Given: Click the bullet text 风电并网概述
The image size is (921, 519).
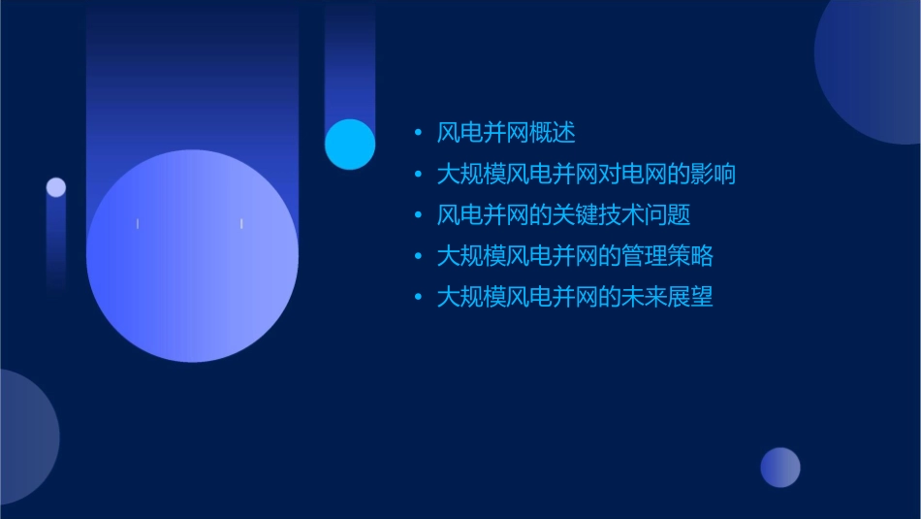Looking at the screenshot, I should [x=506, y=133].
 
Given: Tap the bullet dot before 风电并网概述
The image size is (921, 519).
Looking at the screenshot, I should [x=418, y=133].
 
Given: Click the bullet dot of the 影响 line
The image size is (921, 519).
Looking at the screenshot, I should [x=418, y=175].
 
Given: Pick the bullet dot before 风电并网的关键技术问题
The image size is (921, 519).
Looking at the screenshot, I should [x=418, y=215].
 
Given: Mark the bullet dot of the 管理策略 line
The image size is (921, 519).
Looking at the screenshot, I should [x=418, y=256].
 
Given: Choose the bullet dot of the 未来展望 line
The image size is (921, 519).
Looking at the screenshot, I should [x=418, y=297].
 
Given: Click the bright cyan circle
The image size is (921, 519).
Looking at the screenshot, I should [x=350, y=145].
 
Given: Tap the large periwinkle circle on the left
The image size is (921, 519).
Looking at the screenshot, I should [x=192, y=256].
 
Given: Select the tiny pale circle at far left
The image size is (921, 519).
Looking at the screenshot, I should [x=56, y=187].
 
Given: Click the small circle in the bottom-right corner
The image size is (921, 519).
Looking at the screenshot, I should [x=780, y=468].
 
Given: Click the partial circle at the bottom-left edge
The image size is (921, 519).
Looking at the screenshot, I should [x=24, y=437].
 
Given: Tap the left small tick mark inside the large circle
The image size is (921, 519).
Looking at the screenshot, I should [x=138, y=224].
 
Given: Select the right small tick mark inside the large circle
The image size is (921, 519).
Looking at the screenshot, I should [x=241, y=224].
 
